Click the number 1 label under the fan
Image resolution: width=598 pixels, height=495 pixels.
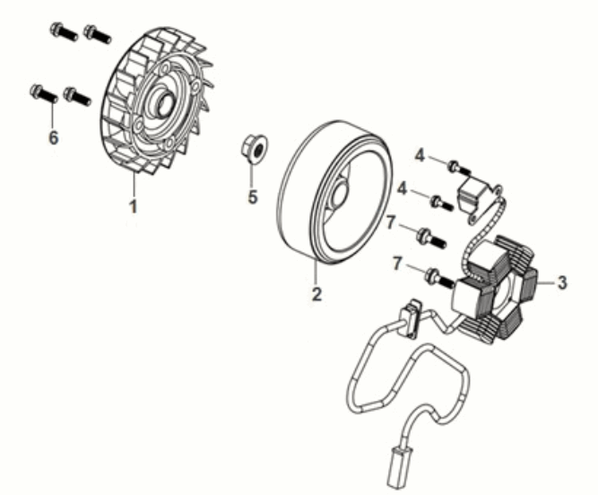click(133, 207)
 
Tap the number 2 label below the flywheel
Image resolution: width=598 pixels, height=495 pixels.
click(315, 294)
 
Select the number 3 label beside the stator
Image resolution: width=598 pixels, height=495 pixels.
click(561, 282)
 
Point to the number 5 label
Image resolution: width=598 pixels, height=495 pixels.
click(253, 196)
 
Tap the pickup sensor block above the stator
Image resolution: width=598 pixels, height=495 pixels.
click(472, 194)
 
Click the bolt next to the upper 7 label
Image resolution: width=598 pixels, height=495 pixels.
click(430, 237)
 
